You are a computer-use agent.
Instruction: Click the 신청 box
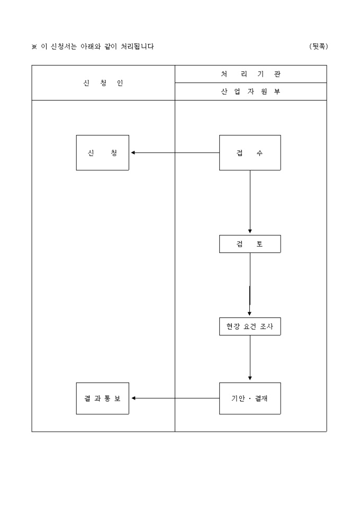click(103, 153)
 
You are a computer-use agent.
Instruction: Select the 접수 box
click(250, 153)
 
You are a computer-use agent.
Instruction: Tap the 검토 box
click(250, 244)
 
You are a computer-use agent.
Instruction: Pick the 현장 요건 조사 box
click(250, 326)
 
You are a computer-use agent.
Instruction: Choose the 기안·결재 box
click(250, 398)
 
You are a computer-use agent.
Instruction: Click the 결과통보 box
click(103, 398)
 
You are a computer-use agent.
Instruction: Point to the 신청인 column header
click(103, 83)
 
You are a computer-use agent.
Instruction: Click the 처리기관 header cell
click(250, 74)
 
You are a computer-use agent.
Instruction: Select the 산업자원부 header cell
click(250, 92)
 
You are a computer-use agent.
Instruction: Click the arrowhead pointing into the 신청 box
click(133, 153)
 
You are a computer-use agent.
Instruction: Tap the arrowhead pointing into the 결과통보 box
click(133, 398)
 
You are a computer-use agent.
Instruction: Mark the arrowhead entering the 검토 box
click(250, 231)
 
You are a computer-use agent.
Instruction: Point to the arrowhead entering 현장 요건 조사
click(250, 314)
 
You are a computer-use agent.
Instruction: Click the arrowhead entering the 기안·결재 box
click(250, 378)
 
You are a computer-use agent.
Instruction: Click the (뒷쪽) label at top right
click(319, 47)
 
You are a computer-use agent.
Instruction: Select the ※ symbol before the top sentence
click(34, 47)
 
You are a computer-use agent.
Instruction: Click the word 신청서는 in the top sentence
click(63, 47)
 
